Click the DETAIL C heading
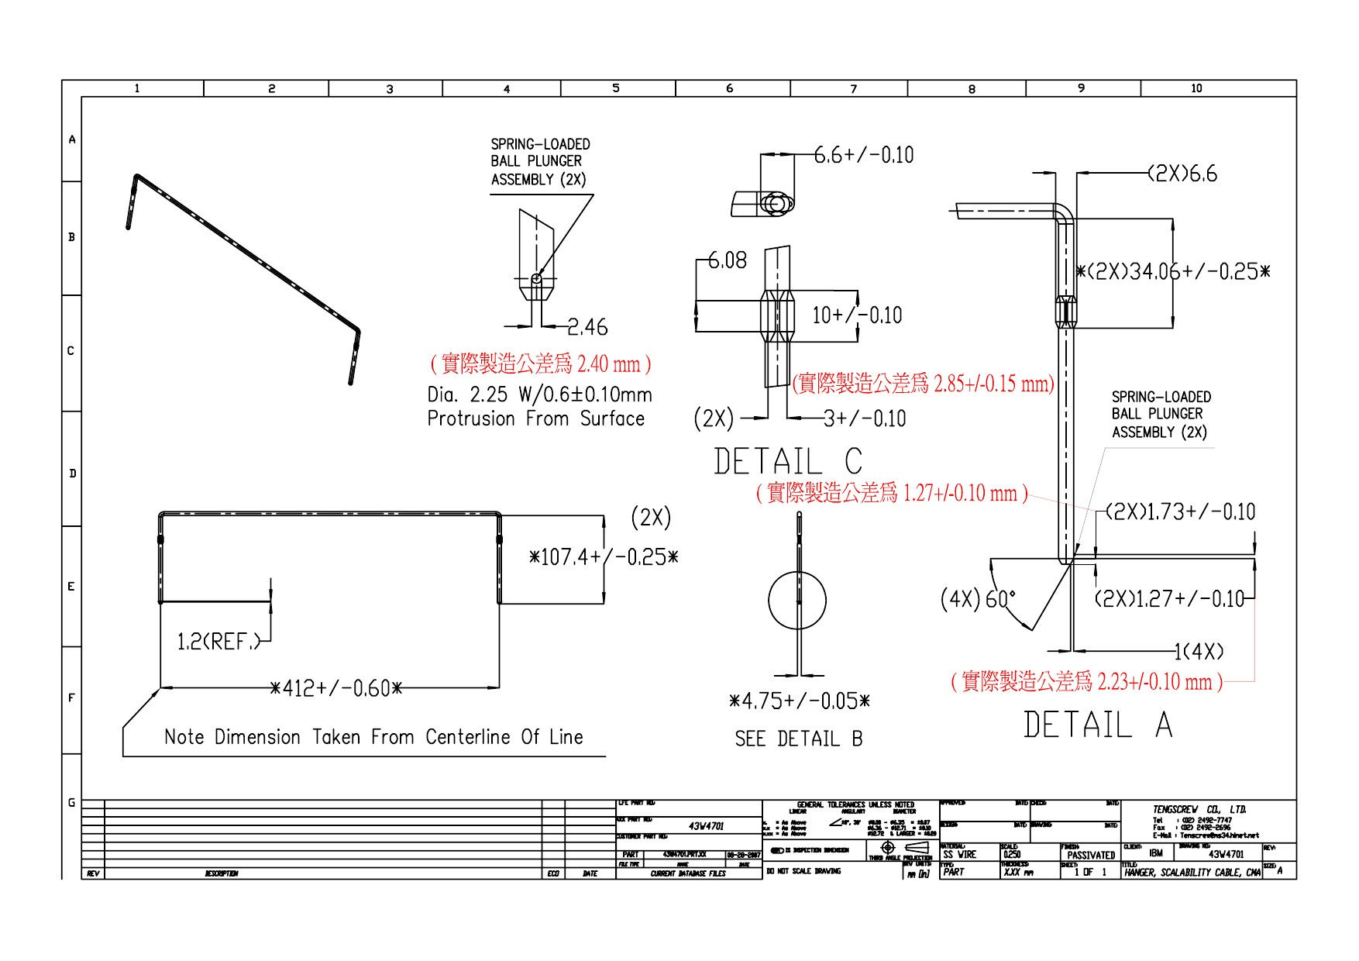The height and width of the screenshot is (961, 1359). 787,462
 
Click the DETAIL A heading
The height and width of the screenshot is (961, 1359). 1097,725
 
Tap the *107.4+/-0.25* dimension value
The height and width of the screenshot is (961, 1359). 603,557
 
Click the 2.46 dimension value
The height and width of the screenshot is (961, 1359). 587,328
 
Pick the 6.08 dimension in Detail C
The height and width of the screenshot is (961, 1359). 728,260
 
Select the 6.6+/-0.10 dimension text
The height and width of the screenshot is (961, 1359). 864,155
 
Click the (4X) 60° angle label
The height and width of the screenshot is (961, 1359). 978,599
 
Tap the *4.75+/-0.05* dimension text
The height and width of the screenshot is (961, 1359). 799,701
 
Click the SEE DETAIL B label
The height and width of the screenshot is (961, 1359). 798,739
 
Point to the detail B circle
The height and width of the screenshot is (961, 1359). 797,600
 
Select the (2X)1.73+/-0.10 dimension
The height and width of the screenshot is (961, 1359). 1179,512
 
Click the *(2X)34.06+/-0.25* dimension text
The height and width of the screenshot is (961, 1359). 1173,272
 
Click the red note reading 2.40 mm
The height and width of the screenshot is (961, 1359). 540,363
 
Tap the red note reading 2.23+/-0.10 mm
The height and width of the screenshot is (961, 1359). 1086,682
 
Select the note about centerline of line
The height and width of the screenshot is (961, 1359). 373,737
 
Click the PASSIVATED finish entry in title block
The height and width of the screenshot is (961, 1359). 1090,855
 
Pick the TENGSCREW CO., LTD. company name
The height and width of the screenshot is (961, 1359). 1199,810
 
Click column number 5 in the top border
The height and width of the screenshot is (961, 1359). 616,88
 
